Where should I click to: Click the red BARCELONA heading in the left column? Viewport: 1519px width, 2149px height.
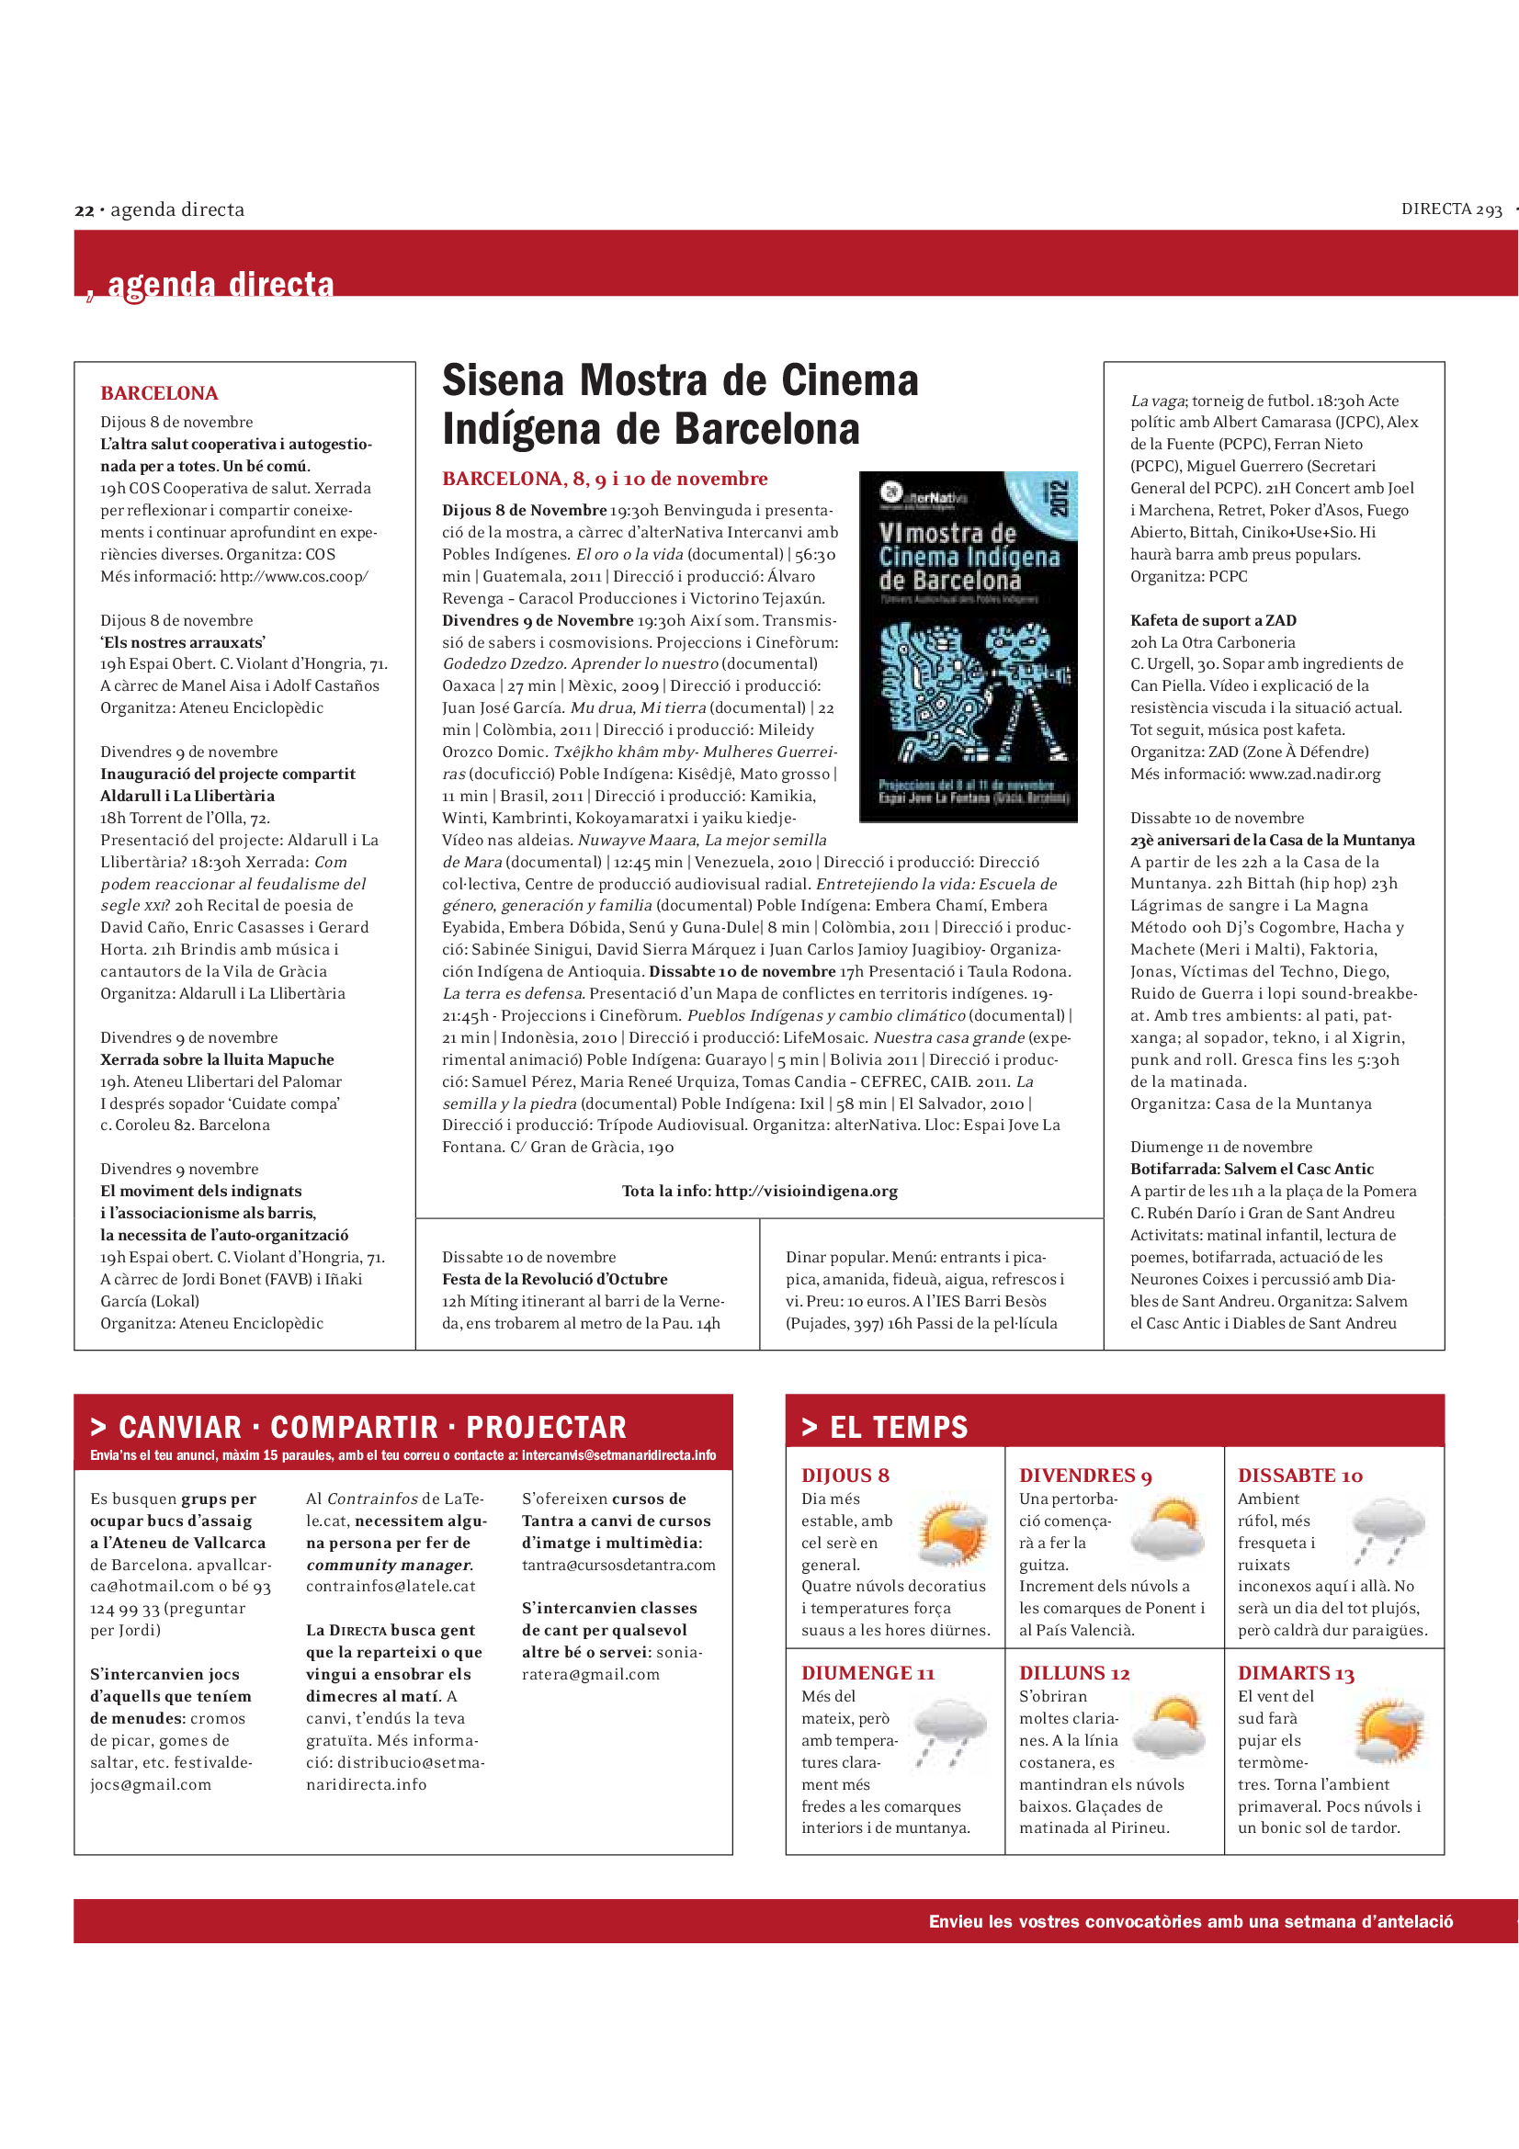pyautogui.click(x=159, y=393)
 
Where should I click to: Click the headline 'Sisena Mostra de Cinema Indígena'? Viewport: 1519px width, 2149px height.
pyautogui.click(x=679, y=404)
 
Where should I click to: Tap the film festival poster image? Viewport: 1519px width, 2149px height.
pyautogui.click(x=968, y=647)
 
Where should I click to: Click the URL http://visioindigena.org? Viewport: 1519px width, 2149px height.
pyautogui.click(x=806, y=1191)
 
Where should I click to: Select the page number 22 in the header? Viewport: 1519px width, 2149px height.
pyautogui.click(x=85, y=210)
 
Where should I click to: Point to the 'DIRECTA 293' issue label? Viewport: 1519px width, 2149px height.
pyautogui.click(x=1451, y=209)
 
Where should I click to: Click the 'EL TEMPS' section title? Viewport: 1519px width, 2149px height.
pyautogui.click(x=899, y=1428)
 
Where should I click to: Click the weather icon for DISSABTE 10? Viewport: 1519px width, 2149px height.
pyautogui.click(x=1389, y=1532)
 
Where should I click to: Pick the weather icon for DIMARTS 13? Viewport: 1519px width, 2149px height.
pyautogui.click(x=1389, y=1733)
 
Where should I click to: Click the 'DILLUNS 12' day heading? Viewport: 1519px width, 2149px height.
pyautogui.click(x=1073, y=1672)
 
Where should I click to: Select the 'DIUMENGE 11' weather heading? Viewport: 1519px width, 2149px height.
pyautogui.click(x=867, y=1672)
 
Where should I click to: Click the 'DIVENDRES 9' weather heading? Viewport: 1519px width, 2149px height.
pyautogui.click(x=1084, y=1476)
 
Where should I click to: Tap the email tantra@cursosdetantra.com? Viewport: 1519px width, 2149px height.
pyautogui.click(x=618, y=1565)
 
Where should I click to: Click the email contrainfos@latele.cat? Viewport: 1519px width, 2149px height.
pyautogui.click(x=391, y=1587)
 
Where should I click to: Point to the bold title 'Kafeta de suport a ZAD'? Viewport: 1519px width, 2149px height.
pyautogui.click(x=1213, y=620)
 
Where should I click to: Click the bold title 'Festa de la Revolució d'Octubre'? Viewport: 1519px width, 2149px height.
pyautogui.click(x=555, y=1279)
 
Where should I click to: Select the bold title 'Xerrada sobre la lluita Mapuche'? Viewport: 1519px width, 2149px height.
pyautogui.click(x=217, y=1059)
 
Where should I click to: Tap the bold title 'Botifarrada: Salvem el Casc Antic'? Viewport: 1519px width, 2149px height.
pyautogui.click(x=1252, y=1169)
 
